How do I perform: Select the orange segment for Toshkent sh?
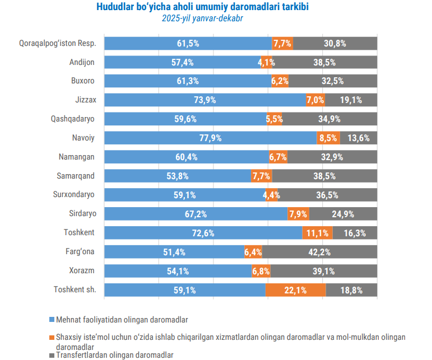click(x=295, y=290)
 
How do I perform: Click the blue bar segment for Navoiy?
click(x=211, y=138)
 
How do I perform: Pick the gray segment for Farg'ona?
click(x=319, y=252)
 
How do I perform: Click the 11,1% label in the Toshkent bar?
click(x=318, y=233)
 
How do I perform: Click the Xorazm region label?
click(x=82, y=270)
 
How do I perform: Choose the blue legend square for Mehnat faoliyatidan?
click(x=52, y=320)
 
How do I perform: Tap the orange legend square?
click(x=52, y=338)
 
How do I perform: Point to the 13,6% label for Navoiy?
click(x=359, y=138)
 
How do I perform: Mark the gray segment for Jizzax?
click(x=351, y=100)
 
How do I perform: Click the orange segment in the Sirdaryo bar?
click(x=299, y=214)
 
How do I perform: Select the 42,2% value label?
click(x=319, y=252)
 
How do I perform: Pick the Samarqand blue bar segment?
click(x=178, y=176)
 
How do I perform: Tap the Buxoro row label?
click(x=82, y=81)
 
